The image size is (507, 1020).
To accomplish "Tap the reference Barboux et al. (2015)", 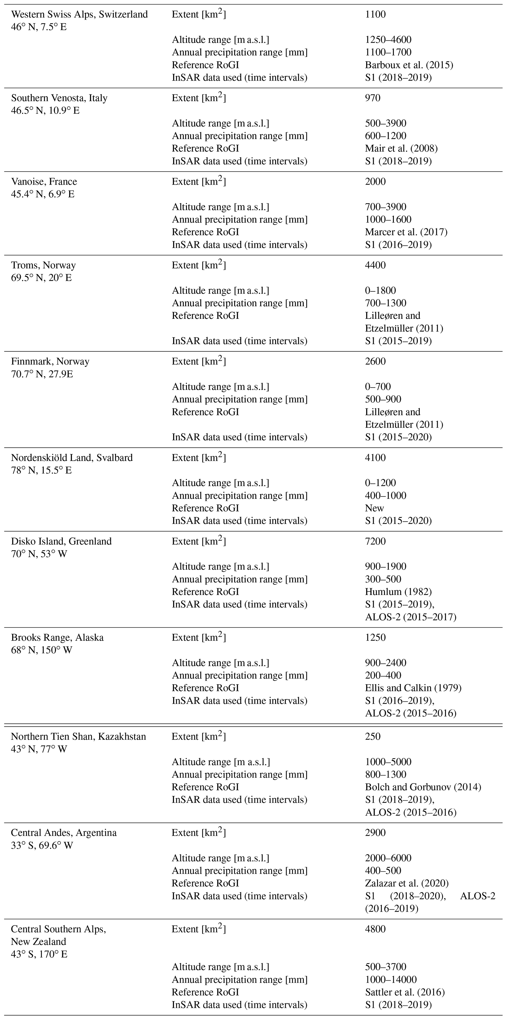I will click(x=409, y=65).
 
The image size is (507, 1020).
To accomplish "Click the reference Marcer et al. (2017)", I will click(x=406, y=232).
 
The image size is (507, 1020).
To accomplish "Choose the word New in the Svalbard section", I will click(x=374, y=508).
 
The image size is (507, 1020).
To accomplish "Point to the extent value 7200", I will click(x=375, y=541).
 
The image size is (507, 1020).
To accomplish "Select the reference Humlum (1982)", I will click(x=398, y=591).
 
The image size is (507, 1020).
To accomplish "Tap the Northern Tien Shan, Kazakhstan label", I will click(x=78, y=737).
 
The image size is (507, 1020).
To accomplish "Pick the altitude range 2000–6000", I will click(x=388, y=858).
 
